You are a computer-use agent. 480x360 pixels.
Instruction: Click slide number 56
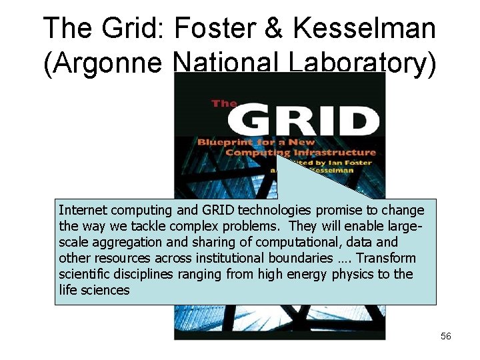(x=446, y=337)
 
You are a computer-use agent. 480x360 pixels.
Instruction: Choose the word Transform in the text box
(x=387, y=259)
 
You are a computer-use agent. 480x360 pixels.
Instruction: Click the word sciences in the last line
(x=105, y=291)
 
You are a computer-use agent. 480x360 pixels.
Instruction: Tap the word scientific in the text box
(x=83, y=275)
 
